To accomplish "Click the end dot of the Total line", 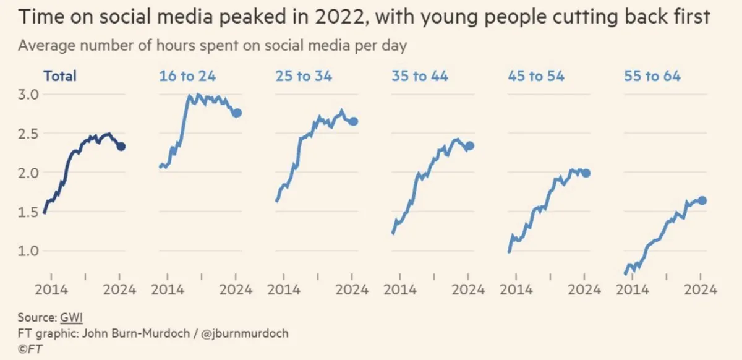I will [x=121, y=147].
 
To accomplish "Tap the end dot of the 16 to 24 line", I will [x=236, y=113].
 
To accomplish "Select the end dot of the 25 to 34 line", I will [x=353, y=121].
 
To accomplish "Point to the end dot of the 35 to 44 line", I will [x=469, y=146].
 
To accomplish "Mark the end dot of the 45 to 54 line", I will [x=586, y=173].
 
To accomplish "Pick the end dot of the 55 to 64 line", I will [x=702, y=200].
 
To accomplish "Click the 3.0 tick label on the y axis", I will [x=27, y=95].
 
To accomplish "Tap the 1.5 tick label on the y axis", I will [x=27, y=212].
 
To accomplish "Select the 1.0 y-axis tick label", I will [x=27, y=251].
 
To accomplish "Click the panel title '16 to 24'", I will [x=187, y=76].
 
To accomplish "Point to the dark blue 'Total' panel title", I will [x=60, y=76].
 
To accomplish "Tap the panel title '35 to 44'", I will [x=419, y=76].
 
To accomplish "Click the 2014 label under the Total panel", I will [x=51, y=289].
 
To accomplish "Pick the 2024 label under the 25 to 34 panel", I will [x=352, y=289].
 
